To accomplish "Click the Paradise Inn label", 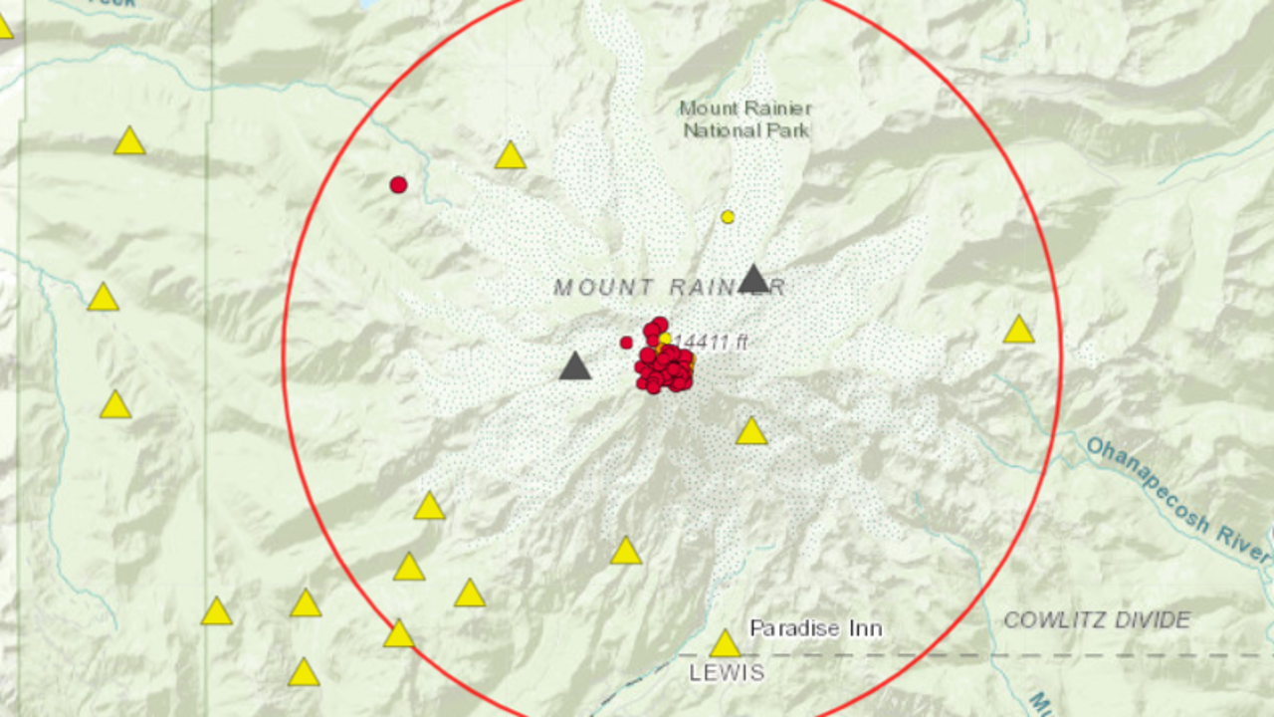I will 815,628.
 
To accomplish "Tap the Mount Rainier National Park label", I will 745,119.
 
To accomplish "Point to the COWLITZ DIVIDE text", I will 1096,620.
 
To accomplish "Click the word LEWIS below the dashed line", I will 727,673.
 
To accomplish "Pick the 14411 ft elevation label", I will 710,344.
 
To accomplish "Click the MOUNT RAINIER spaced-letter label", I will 669,288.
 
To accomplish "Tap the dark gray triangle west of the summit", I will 574,367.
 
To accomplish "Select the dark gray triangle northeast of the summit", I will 753,280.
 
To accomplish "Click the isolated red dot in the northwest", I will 398,184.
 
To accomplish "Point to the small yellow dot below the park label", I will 728,216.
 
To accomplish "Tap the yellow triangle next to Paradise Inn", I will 725,644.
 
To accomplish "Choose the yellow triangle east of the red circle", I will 1018,331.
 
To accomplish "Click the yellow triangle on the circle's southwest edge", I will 398,634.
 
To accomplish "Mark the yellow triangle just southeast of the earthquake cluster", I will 751,431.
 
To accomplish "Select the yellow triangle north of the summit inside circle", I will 510,156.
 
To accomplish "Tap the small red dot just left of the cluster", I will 626,343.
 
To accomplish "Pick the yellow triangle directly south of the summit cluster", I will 625,552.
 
